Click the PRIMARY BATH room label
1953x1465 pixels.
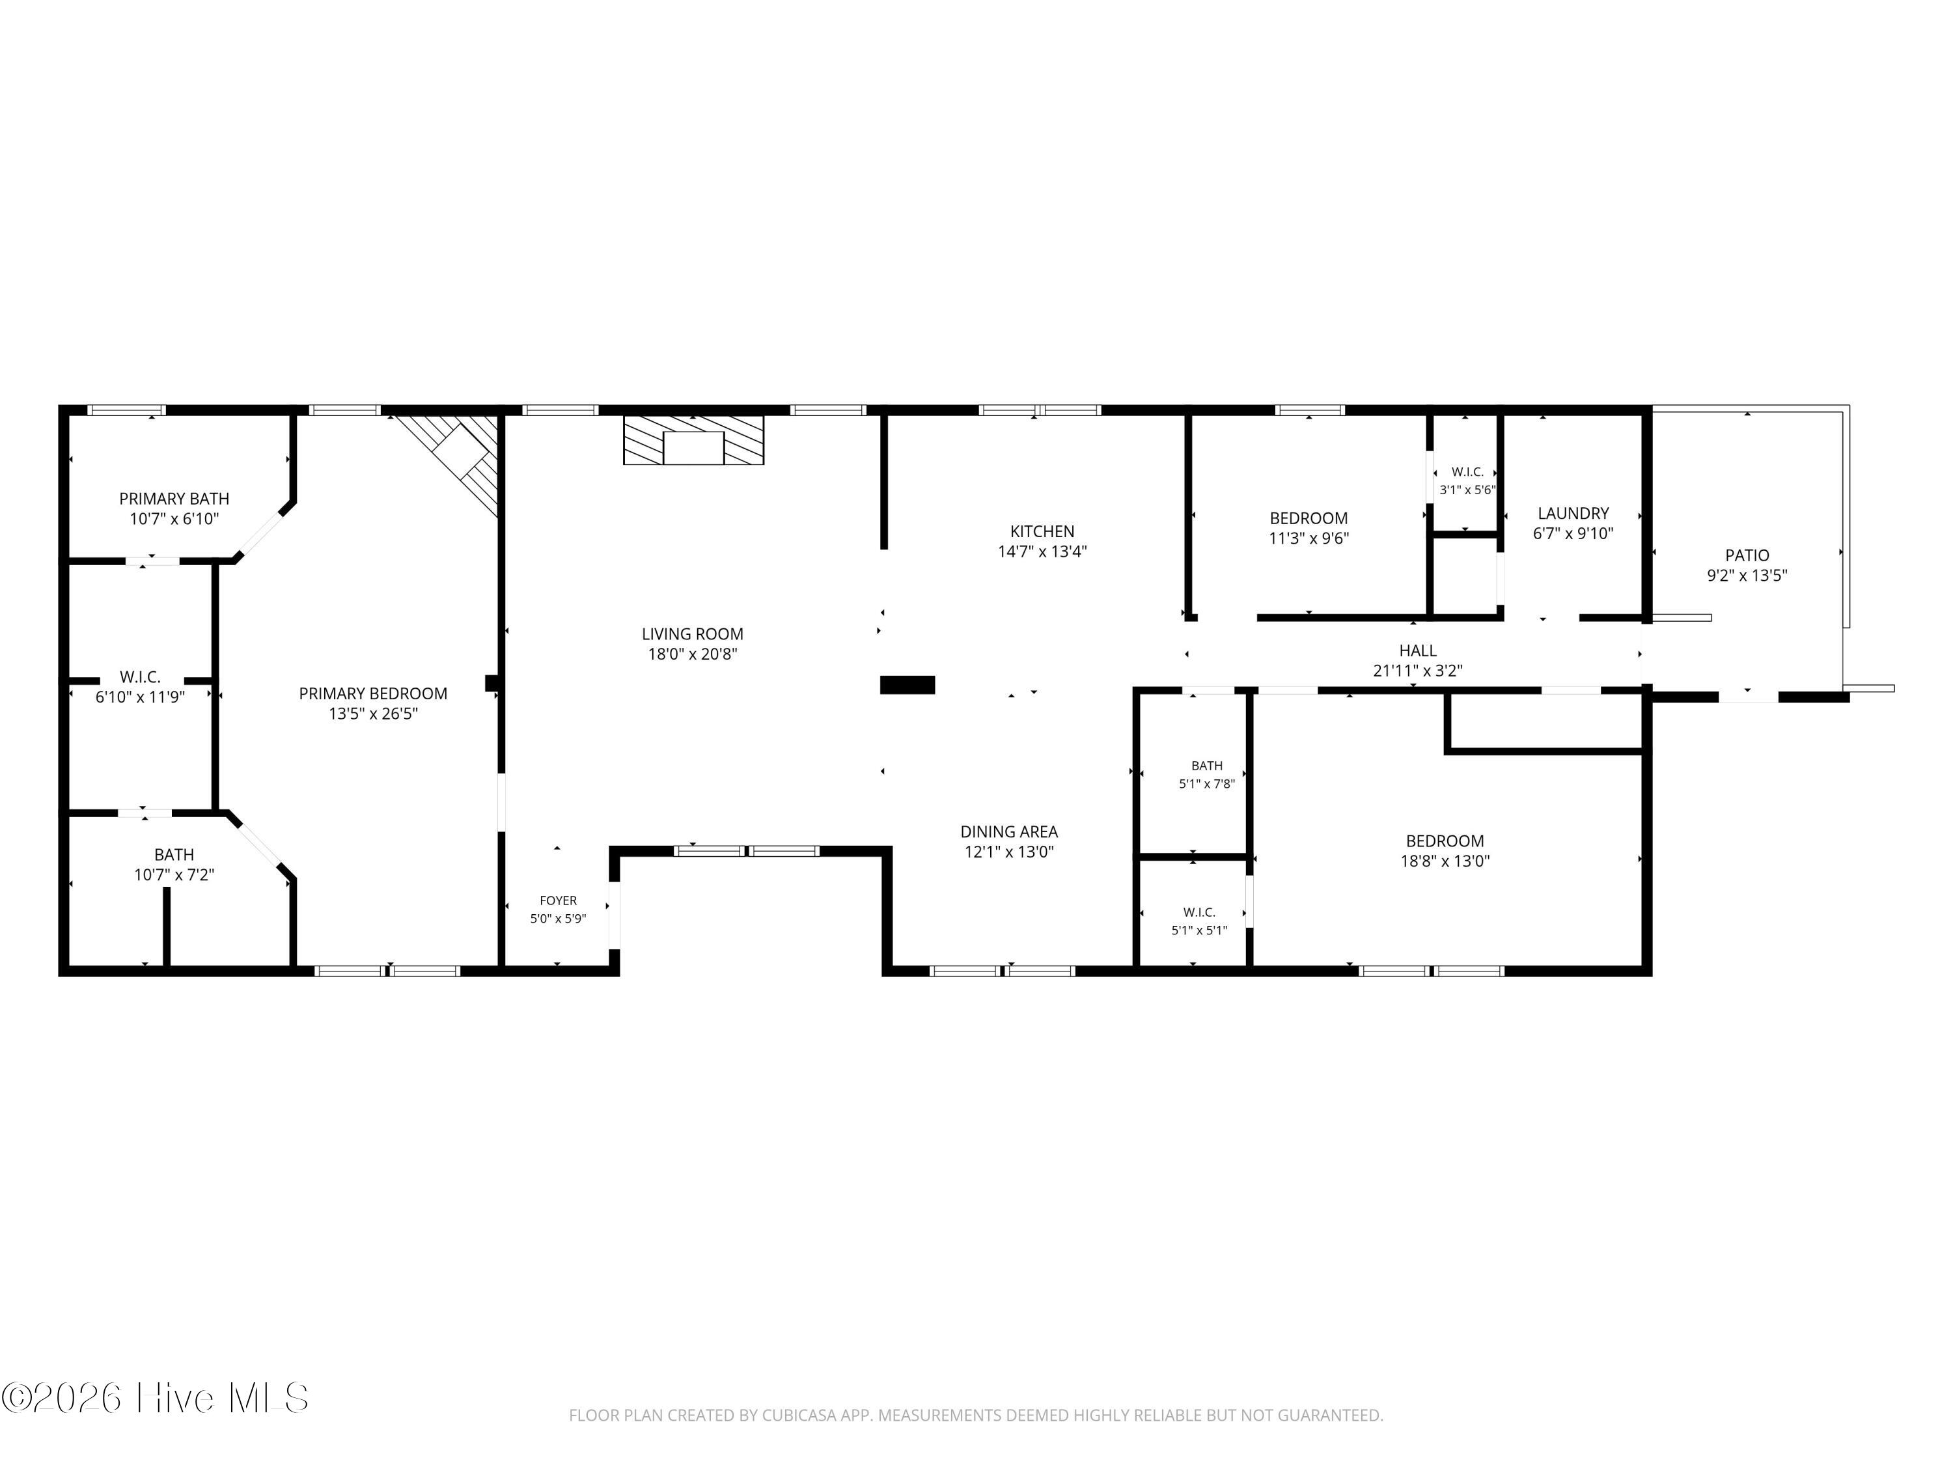pyautogui.click(x=175, y=499)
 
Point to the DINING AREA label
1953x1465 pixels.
pyautogui.click(x=1009, y=832)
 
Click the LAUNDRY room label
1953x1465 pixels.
pyautogui.click(x=1573, y=513)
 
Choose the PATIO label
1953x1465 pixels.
pyautogui.click(x=1747, y=555)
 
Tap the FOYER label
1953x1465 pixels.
pyautogui.click(x=558, y=900)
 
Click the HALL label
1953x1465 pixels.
pyautogui.click(x=1418, y=651)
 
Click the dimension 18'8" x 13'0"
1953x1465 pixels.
pyautogui.click(x=1445, y=861)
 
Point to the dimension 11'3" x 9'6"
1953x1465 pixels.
pyautogui.click(x=1309, y=538)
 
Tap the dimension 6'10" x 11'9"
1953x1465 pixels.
pyautogui.click(x=141, y=697)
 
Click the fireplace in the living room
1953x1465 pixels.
pyautogui.click(x=693, y=439)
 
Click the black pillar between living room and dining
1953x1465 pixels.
pyautogui.click(x=907, y=684)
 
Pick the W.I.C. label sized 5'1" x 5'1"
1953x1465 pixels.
pyautogui.click(x=1200, y=912)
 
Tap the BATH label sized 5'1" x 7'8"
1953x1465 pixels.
pyautogui.click(x=1207, y=766)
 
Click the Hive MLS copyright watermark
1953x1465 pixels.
pyautogui.click(x=156, y=1398)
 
